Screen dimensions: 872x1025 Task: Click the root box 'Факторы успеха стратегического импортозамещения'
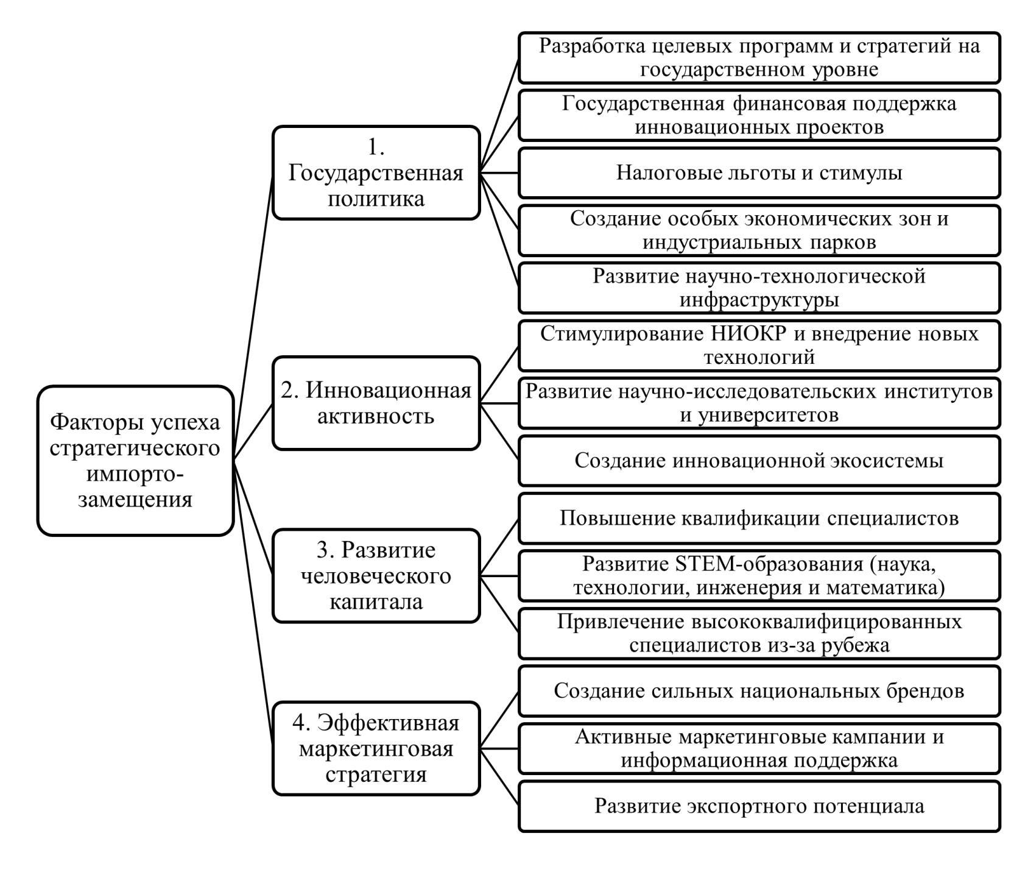tap(135, 461)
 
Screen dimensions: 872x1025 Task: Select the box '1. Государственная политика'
tap(376, 173)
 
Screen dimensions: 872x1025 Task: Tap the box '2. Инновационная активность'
tap(376, 403)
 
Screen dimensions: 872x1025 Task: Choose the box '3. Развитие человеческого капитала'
tap(376, 576)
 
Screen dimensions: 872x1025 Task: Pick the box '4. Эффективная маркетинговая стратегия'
tap(376, 748)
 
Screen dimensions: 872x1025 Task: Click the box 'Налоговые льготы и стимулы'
tap(759, 173)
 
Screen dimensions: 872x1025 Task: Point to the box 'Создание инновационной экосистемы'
tap(759, 461)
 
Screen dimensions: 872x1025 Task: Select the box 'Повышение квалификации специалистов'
tap(759, 519)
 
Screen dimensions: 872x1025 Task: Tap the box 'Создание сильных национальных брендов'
tap(759, 691)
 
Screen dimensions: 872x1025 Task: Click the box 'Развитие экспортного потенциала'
tap(759, 806)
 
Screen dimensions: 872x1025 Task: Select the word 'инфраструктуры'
tap(759, 300)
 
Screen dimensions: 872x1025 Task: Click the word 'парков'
tap(843, 243)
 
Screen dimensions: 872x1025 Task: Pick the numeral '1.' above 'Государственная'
tap(376, 147)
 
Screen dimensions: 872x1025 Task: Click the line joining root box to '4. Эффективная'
tap(255, 603)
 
